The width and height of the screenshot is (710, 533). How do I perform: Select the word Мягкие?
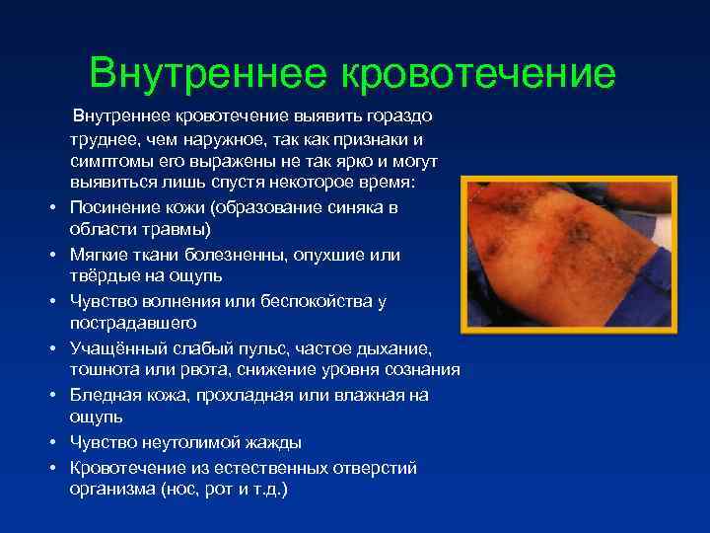tap(99, 255)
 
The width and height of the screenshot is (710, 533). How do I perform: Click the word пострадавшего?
tap(133, 323)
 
